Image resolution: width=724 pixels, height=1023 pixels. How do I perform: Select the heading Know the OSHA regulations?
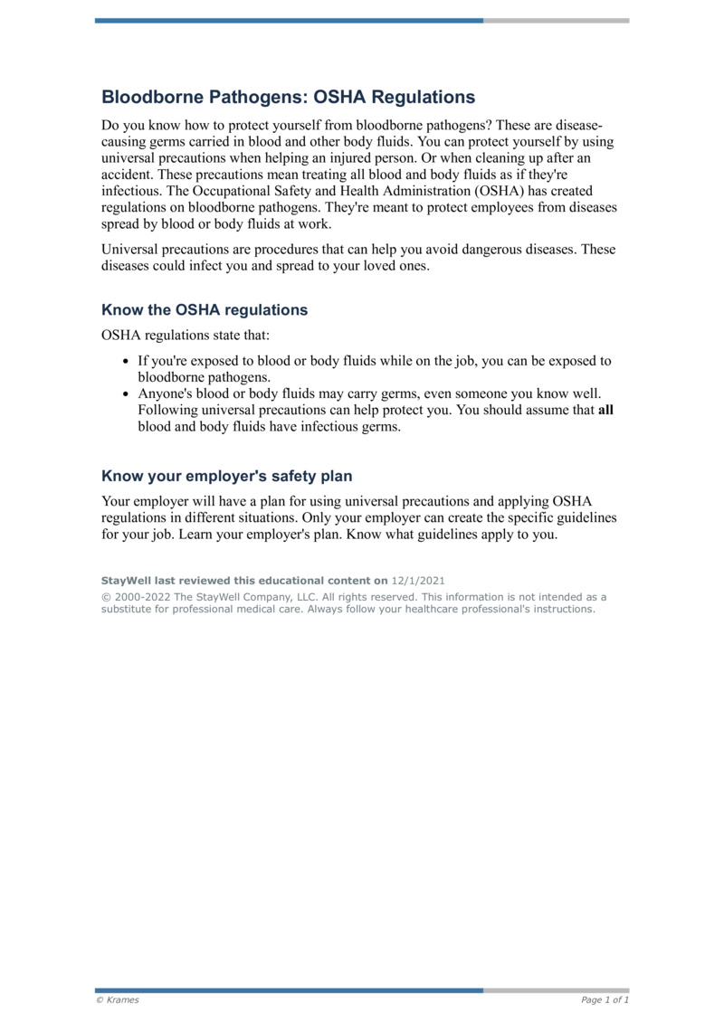205,310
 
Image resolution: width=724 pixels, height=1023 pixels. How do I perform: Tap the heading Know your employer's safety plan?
226,476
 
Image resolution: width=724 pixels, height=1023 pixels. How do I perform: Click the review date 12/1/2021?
418,580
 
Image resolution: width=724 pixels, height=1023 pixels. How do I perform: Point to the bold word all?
606,411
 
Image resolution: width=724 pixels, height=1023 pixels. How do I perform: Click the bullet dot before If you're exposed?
126,362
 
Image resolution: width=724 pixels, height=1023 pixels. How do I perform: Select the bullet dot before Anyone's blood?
126,394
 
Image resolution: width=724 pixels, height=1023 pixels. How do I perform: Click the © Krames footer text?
118,999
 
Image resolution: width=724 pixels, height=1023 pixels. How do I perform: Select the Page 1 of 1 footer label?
605,999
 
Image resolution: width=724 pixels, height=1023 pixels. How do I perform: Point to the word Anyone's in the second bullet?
165,394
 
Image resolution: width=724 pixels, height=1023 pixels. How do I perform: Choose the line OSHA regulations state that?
179,336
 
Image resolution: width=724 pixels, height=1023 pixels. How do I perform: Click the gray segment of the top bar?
556,20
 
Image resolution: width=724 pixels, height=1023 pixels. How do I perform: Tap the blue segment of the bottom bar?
289,990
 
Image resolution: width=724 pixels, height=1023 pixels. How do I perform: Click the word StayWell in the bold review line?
126,580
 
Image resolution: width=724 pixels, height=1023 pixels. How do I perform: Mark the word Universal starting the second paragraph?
130,250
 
